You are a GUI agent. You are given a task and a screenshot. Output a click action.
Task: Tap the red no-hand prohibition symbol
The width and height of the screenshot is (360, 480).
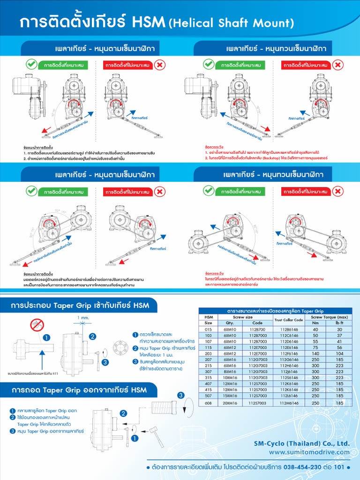click(x=36, y=324)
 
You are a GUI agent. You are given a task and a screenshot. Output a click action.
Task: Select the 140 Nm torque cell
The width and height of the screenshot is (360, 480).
click(x=315, y=353)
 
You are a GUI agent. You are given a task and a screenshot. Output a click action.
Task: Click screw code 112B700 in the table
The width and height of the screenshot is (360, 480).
click(x=257, y=329)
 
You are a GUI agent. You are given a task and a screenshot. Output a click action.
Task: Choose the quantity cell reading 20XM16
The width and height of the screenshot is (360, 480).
click(x=230, y=403)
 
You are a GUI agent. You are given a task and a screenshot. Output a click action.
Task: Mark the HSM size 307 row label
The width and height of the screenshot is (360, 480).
click(x=208, y=372)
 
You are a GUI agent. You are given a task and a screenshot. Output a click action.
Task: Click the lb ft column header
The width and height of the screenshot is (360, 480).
click(x=339, y=323)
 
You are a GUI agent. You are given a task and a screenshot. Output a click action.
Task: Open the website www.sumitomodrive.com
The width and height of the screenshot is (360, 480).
click(x=309, y=452)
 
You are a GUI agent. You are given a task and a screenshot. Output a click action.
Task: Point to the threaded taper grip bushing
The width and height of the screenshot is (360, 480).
click(x=163, y=413)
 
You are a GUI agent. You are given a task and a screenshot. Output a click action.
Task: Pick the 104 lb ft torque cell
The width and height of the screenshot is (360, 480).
click(x=339, y=353)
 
